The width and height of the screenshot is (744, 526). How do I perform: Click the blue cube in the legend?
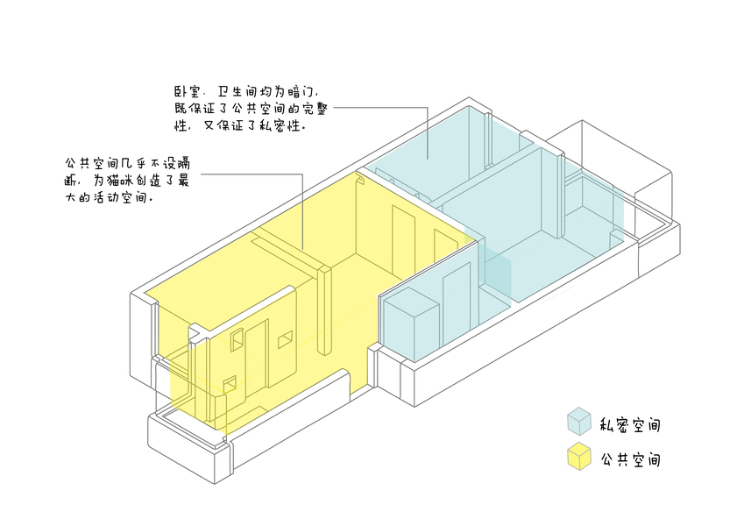pyautogui.click(x=579, y=421)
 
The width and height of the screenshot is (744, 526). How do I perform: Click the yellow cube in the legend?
pyautogui.click(x=579, y=457)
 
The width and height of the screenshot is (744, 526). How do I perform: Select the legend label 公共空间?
pyautogui.click(x=630, y=459)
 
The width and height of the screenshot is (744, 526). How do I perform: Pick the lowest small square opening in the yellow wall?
pyautogui.click(x=230, y=383)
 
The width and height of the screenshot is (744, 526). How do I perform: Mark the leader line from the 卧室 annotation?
pyautogui.click(x=386, y=109)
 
